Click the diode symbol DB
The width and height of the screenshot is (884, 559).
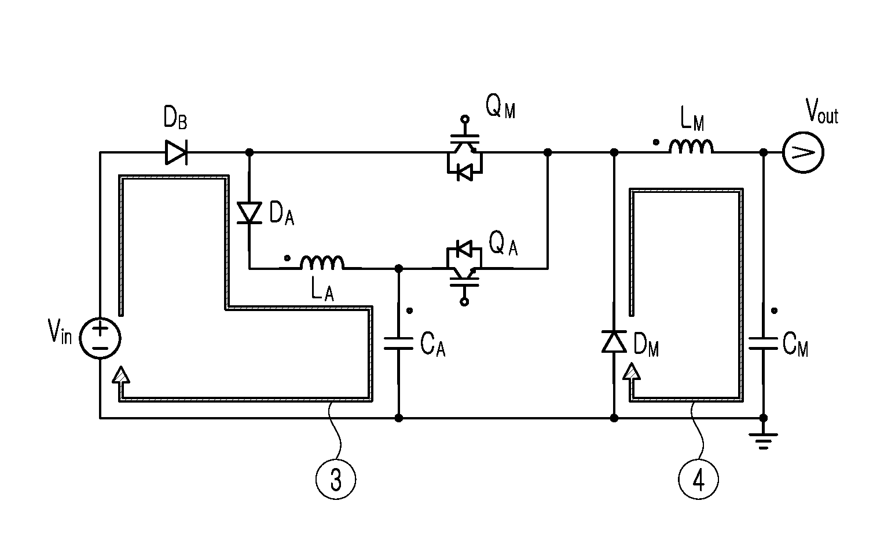point(176,152)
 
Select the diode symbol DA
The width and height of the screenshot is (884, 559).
point(250,213)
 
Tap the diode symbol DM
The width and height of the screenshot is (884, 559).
point(614,341)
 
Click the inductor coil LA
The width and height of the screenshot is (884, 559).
point(322,263)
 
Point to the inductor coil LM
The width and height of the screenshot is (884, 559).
point(691,146)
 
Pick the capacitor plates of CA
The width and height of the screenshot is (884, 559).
point(399,344)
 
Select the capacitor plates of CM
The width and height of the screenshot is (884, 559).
point(763,344)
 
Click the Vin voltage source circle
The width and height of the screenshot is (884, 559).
point(100,338)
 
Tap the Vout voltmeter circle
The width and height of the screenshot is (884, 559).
point(803,152)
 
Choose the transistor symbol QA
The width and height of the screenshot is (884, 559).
point(464,268)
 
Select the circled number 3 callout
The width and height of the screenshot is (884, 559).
point(336,479)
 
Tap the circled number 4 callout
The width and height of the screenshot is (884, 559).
point(699,479)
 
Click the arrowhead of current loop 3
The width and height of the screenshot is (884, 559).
point(121,374)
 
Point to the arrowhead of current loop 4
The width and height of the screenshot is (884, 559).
point(632,371)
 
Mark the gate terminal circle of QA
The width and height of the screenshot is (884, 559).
point(465,302)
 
